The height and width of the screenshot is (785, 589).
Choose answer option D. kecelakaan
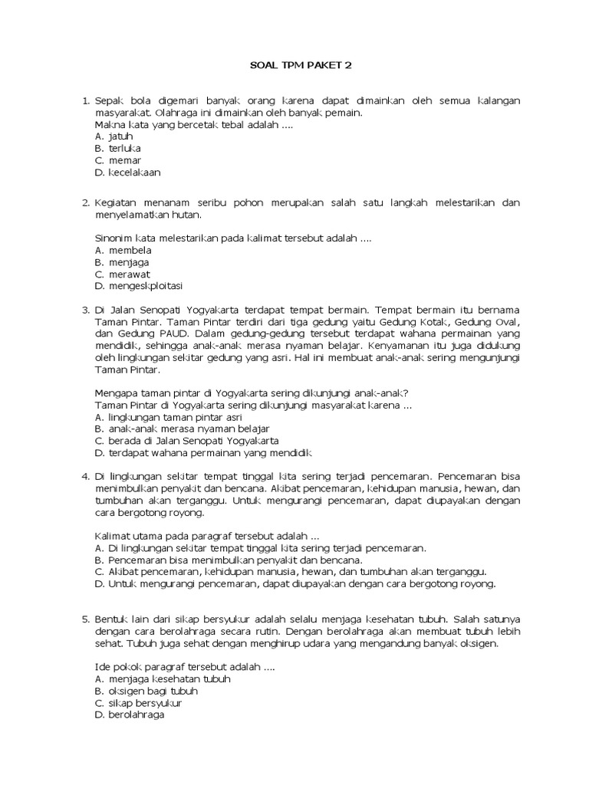click(x=128, y=172)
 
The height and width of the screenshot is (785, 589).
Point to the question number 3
click(x=85, y=310)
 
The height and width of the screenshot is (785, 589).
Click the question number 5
click(x=85, y=618)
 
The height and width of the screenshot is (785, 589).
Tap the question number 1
click(x=85, y=100)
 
